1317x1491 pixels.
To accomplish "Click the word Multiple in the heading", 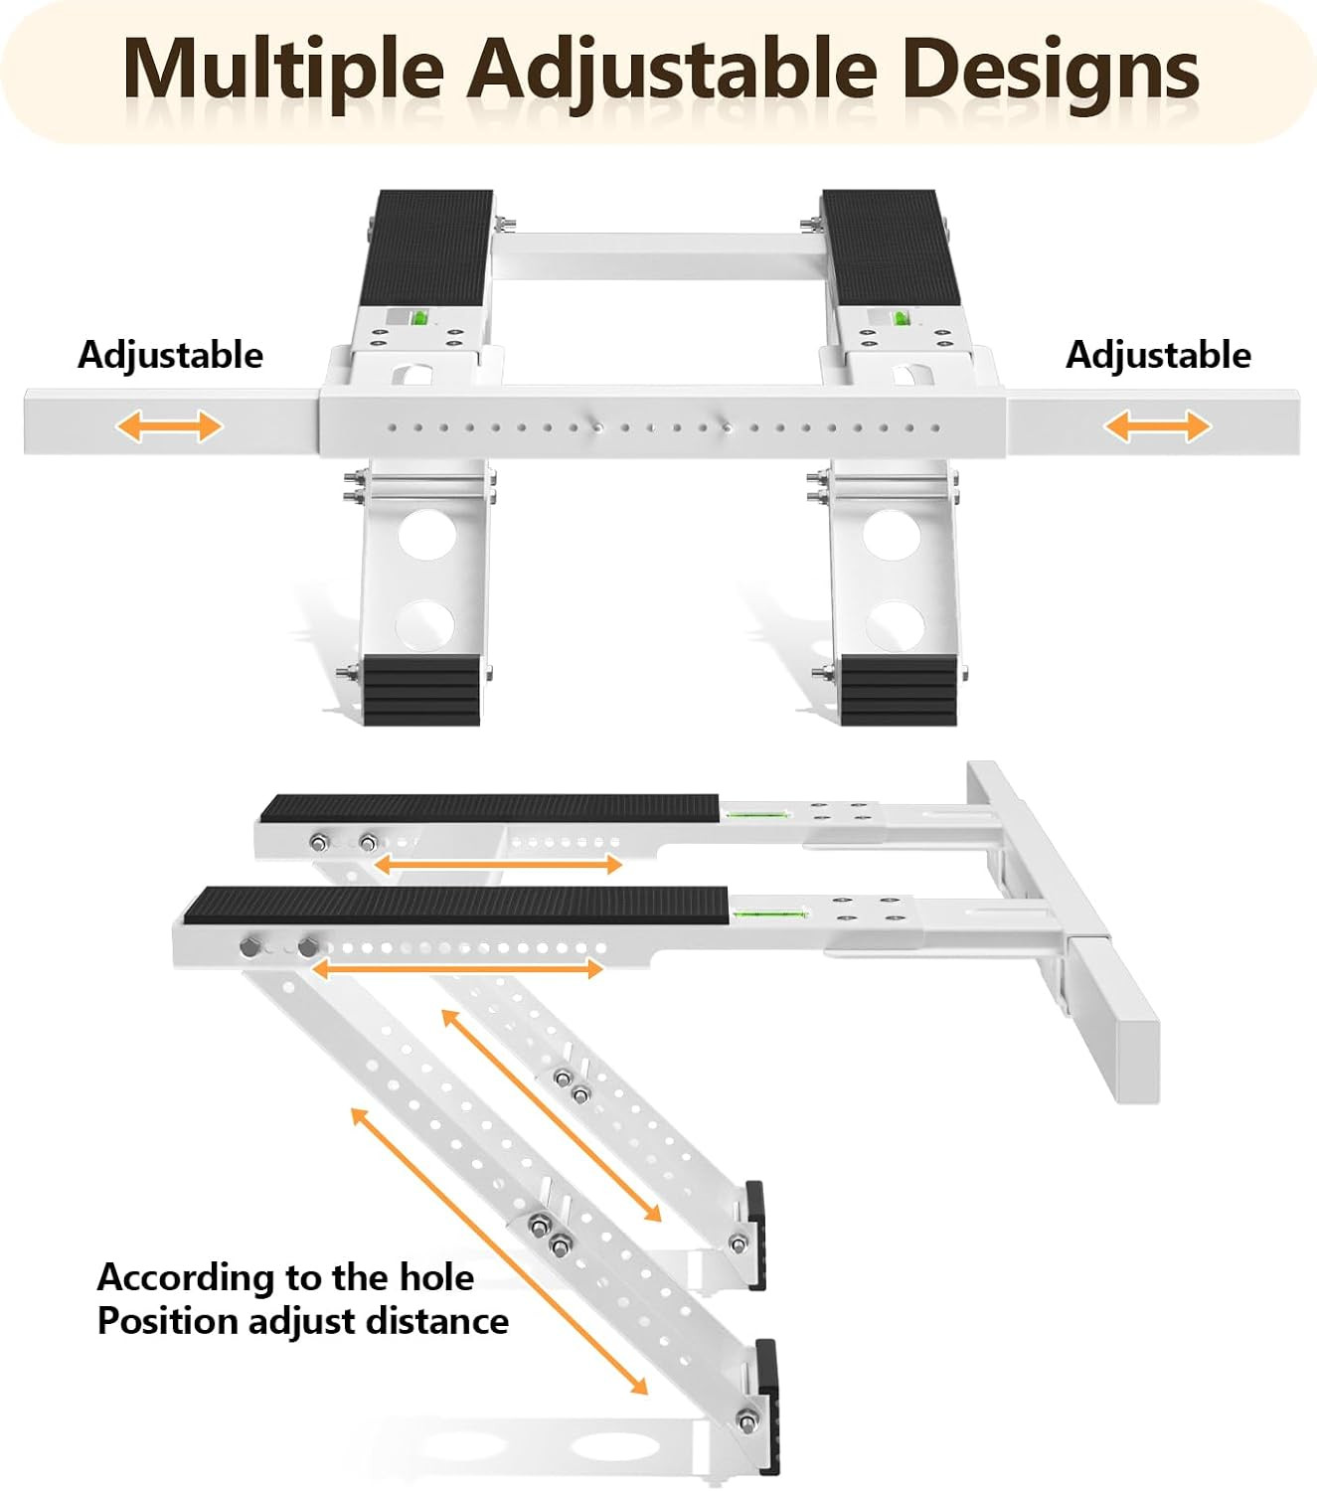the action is click(x=283, y=69).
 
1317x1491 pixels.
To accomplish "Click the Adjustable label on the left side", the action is click(x=170, y=356).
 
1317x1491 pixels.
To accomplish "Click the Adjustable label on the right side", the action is click(x=1158, y=356).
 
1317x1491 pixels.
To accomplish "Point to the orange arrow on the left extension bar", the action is click(x=169, y=426).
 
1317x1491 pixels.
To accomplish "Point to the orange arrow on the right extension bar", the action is click(x=1157, y=426).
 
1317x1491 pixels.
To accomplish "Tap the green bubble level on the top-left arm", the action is click(x=418, y=318).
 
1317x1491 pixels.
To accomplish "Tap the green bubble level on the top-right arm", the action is click(x=899, y=318).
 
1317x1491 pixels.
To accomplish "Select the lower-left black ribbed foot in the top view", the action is click(x=421, y=691).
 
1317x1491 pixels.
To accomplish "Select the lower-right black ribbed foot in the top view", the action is click(x=899, y=691).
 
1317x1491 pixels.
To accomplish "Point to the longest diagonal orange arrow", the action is click(x=500, y=1251).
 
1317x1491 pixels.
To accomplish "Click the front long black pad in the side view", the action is click(x=456, y=906).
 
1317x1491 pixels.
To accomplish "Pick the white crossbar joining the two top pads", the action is click(x=659, y=255).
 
